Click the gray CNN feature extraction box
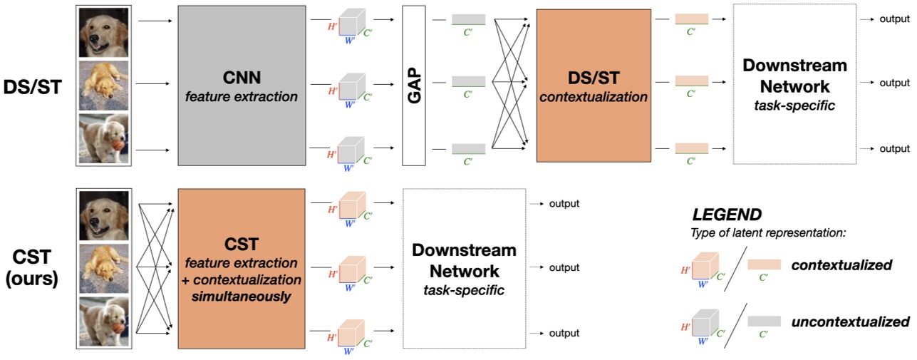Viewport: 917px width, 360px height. (242, 84)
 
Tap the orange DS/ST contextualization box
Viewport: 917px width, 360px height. (593, 85)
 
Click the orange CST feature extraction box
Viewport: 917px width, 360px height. (242, 268)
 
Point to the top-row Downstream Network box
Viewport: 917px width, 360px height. (794, 85)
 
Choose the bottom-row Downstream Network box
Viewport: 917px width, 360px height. (465, 268)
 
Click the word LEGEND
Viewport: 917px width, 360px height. (727, 215)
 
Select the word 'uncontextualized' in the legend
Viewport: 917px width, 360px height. (850, 322)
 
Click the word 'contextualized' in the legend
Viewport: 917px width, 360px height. (841, 265)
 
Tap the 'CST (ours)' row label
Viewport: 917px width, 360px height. (33, 268)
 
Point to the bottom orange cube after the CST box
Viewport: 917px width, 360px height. (350, 331)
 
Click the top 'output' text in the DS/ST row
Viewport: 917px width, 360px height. (894, 19)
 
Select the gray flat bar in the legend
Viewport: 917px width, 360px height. (764, 322)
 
